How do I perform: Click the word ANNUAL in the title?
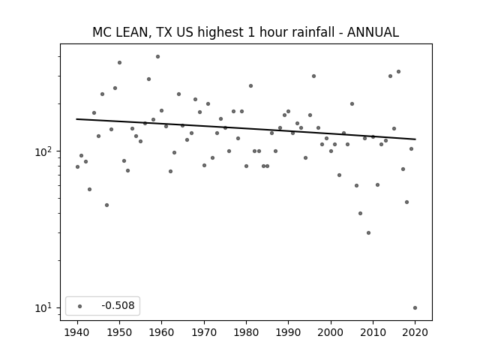pyautogui.click(x=373, y=32)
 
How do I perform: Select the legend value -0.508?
pyautogui.click(x=118, y=305)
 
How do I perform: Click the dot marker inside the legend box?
pyautogui.click(x=80, y=306)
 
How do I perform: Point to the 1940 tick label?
pyautogui.click(x=77, y=332)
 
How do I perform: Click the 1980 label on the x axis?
pyautogui.click(x=247, y=332)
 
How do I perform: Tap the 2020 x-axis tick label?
pyautogui.click(x=415, y=332)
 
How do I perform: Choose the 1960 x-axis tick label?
pyautogui.click(x=162, y=332)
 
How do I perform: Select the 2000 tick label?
pyautogui.click(x=331, y=332)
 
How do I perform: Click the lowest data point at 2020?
pyautogui.click(x=415, y=308)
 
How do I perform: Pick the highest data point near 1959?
pyautogui.click(x=158, y=57)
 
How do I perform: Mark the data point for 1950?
pyautogui.click(x=120, y=63)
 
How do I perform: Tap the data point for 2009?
pyautogui.click(x=368, y=233)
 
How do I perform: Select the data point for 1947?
pyautogui.click(x=106, y=205)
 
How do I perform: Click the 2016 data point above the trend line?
pyautogui.click(x=398, y=72)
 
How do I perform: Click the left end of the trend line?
pyautogui.click(x=76, y=119)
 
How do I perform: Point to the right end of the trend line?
pyautogui.click(x=415, y=139)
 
